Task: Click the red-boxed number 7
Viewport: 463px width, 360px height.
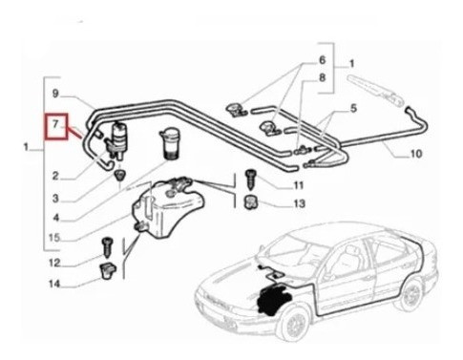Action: coord(55,124)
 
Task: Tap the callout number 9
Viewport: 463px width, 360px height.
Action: coord(55,94)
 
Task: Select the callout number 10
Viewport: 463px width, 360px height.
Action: coord(416,154)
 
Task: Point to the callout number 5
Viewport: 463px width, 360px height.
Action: coord(353,108)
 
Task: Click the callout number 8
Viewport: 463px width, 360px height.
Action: coord(323,77)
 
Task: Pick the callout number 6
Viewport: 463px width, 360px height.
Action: coord(323,60)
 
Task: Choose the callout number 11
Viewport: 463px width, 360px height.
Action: coord(299,185)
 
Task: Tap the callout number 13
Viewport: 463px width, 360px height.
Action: coord(299,203)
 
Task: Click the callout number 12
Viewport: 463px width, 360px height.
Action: coord(54,263)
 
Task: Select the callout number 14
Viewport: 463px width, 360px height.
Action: coord(54,284)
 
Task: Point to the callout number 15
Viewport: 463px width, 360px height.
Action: coord(54,238)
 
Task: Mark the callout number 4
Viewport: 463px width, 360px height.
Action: coord(55,218)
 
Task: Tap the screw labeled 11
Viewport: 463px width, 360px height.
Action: coord(249,180)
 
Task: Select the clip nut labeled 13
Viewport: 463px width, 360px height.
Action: coord(250,202)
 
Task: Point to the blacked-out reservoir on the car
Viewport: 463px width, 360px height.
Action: coord(274,300)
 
